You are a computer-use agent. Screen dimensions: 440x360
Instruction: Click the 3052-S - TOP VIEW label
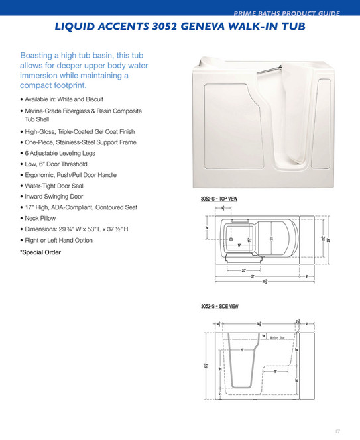219,199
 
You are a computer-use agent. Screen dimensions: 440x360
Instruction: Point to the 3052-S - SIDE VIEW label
219,306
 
